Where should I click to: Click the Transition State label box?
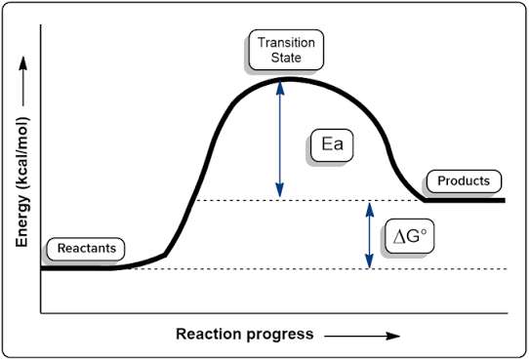[286, 50]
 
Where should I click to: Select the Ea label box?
[332, 145]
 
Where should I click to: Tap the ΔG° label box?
[409, 236]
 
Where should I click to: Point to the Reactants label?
[86, 249]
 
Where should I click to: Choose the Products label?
[464, 181]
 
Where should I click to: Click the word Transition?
[286, 43]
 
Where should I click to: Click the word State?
[286, 58]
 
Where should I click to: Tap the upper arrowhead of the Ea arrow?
[280, 88]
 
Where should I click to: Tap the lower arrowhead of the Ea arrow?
[280, 190]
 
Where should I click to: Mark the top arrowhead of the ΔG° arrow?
[370, 210]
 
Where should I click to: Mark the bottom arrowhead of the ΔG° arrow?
[370, 261]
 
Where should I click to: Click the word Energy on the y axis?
[22, 221]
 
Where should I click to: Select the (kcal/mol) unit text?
[22, 155]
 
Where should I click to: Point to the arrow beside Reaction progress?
[362, 336]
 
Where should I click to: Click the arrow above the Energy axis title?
[23, 81]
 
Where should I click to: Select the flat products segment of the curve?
[465, 200]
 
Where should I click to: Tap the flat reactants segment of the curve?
[76, 268]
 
